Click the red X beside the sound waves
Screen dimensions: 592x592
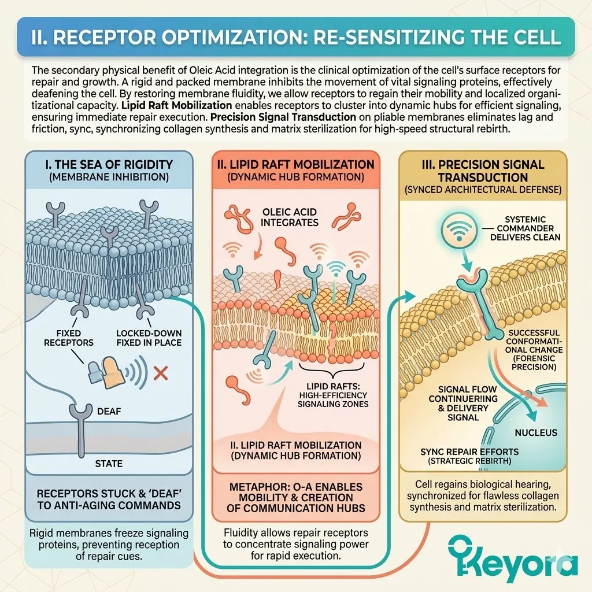[x=161, y=373]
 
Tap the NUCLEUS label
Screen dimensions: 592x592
[x=536, y=432]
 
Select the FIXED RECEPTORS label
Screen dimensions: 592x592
[x=76, y=338]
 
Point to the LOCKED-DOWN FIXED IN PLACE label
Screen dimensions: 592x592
[x=149, y=338]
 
